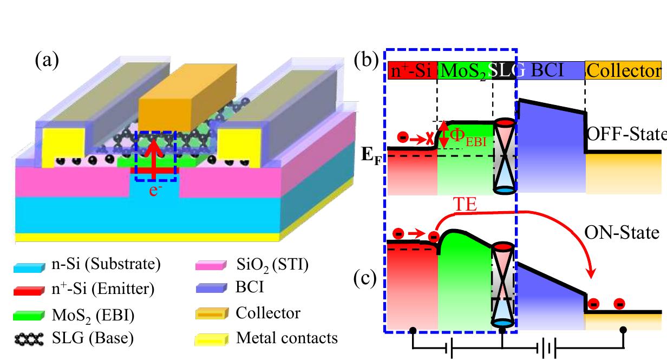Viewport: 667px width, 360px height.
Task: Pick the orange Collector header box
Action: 623,71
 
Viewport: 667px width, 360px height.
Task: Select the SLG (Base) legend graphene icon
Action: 29,339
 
